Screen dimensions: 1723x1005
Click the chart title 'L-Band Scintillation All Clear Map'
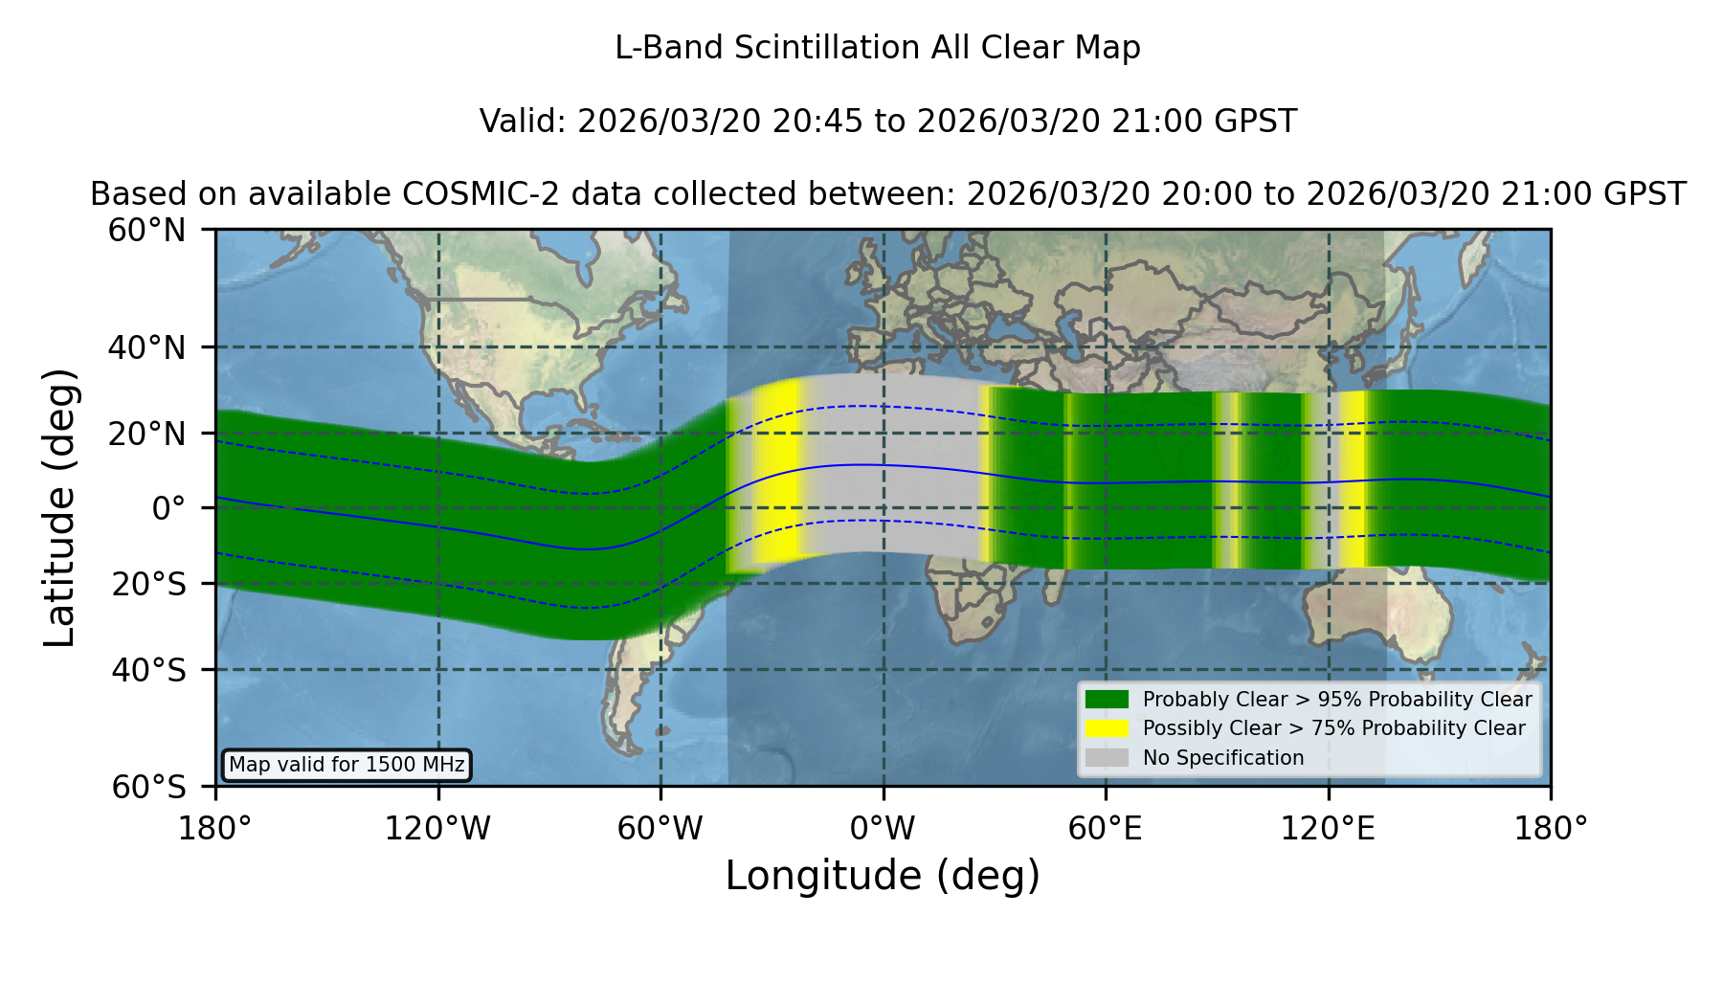(877, 48)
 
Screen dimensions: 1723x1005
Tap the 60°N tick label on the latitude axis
(146, 231)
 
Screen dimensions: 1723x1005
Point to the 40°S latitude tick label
(148, 670)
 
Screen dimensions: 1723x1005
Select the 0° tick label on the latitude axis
(168, 508)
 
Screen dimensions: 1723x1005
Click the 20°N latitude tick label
(146, 434)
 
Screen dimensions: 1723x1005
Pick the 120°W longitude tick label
(437, 829)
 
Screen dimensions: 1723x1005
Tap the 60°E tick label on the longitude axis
(1106, 829)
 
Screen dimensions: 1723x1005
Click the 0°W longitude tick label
(883, 829)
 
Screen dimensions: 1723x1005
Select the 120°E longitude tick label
(1328, 829)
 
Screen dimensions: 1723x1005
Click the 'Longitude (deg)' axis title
(883, 876)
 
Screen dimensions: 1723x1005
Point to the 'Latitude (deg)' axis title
(59, 507)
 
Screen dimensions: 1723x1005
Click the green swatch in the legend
(1108, 700)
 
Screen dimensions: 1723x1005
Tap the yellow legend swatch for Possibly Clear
(1108, 728)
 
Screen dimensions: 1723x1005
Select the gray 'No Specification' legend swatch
(1108, 758)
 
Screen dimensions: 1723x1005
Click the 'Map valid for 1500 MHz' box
(347, 765)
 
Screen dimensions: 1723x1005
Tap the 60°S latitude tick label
(148, 787)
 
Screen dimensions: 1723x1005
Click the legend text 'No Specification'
(1223, 758)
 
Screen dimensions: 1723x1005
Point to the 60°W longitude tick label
(660, 829)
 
